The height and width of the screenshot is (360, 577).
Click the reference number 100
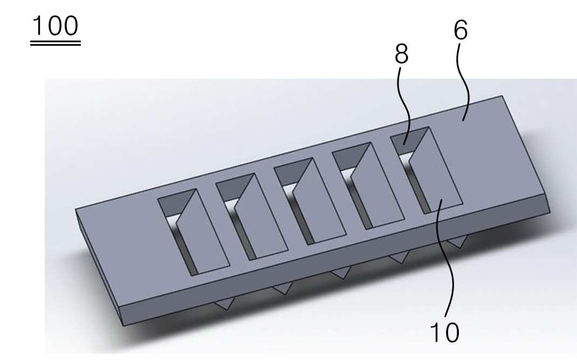click(55, 26)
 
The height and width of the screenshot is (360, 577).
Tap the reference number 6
click(461, 30)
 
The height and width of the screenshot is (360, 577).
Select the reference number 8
click(401, 54)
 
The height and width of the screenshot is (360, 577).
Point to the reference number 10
click(444, 333)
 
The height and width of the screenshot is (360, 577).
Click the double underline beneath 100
click(55, 44)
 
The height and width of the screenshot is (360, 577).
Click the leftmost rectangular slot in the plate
click(194, 232)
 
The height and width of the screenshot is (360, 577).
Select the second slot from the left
click(252, 217)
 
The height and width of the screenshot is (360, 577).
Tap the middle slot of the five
click(310, 201)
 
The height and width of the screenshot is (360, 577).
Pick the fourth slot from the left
click(368, 186)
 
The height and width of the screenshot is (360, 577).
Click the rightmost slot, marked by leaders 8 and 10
click(427, 170)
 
